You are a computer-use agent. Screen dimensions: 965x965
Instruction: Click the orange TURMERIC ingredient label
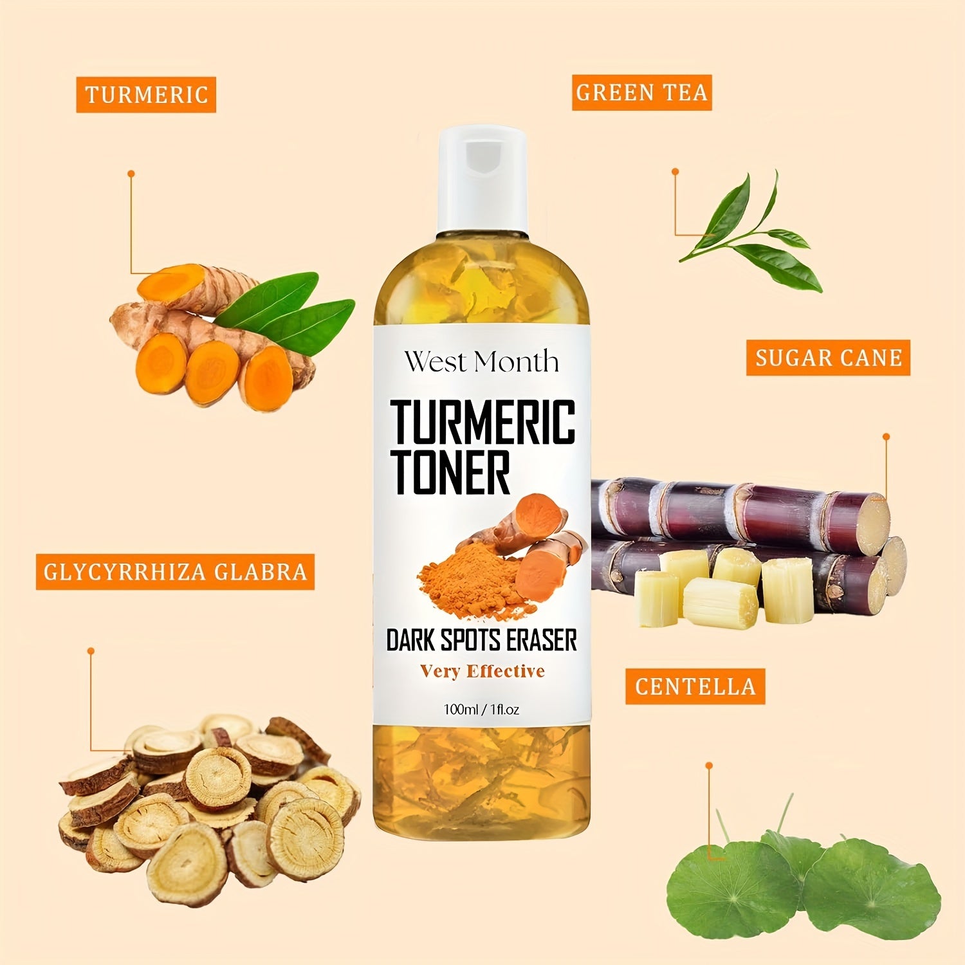pos(146,95)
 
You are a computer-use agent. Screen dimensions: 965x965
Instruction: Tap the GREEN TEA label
pos(641,93)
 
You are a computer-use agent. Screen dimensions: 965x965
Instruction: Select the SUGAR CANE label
pos(828,358)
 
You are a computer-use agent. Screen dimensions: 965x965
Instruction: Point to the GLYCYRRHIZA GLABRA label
pos(175,571)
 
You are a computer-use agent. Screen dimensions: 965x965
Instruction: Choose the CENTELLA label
pos(695,686)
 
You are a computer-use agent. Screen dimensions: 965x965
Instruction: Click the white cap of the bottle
pos(482,177)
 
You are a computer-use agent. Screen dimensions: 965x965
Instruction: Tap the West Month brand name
pos(481,362)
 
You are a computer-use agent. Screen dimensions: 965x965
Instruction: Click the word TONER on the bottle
pos(452,472)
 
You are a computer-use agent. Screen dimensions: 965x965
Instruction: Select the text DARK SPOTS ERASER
pos(481,640)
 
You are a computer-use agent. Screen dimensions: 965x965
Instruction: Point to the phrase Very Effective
pos(482,671)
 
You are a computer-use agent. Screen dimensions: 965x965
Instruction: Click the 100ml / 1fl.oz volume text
pos(481,710)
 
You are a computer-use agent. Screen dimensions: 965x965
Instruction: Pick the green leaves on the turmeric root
pos(283,309)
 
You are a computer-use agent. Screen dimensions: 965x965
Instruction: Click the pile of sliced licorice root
pos(206,804)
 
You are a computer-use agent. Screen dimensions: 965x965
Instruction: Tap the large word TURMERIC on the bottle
pos(482,421)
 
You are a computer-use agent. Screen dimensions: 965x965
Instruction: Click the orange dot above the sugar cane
pos(886,437)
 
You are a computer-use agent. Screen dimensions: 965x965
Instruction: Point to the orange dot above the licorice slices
pos(91,651)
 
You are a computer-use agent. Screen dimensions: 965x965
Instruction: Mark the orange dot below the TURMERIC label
pos(131,174)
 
